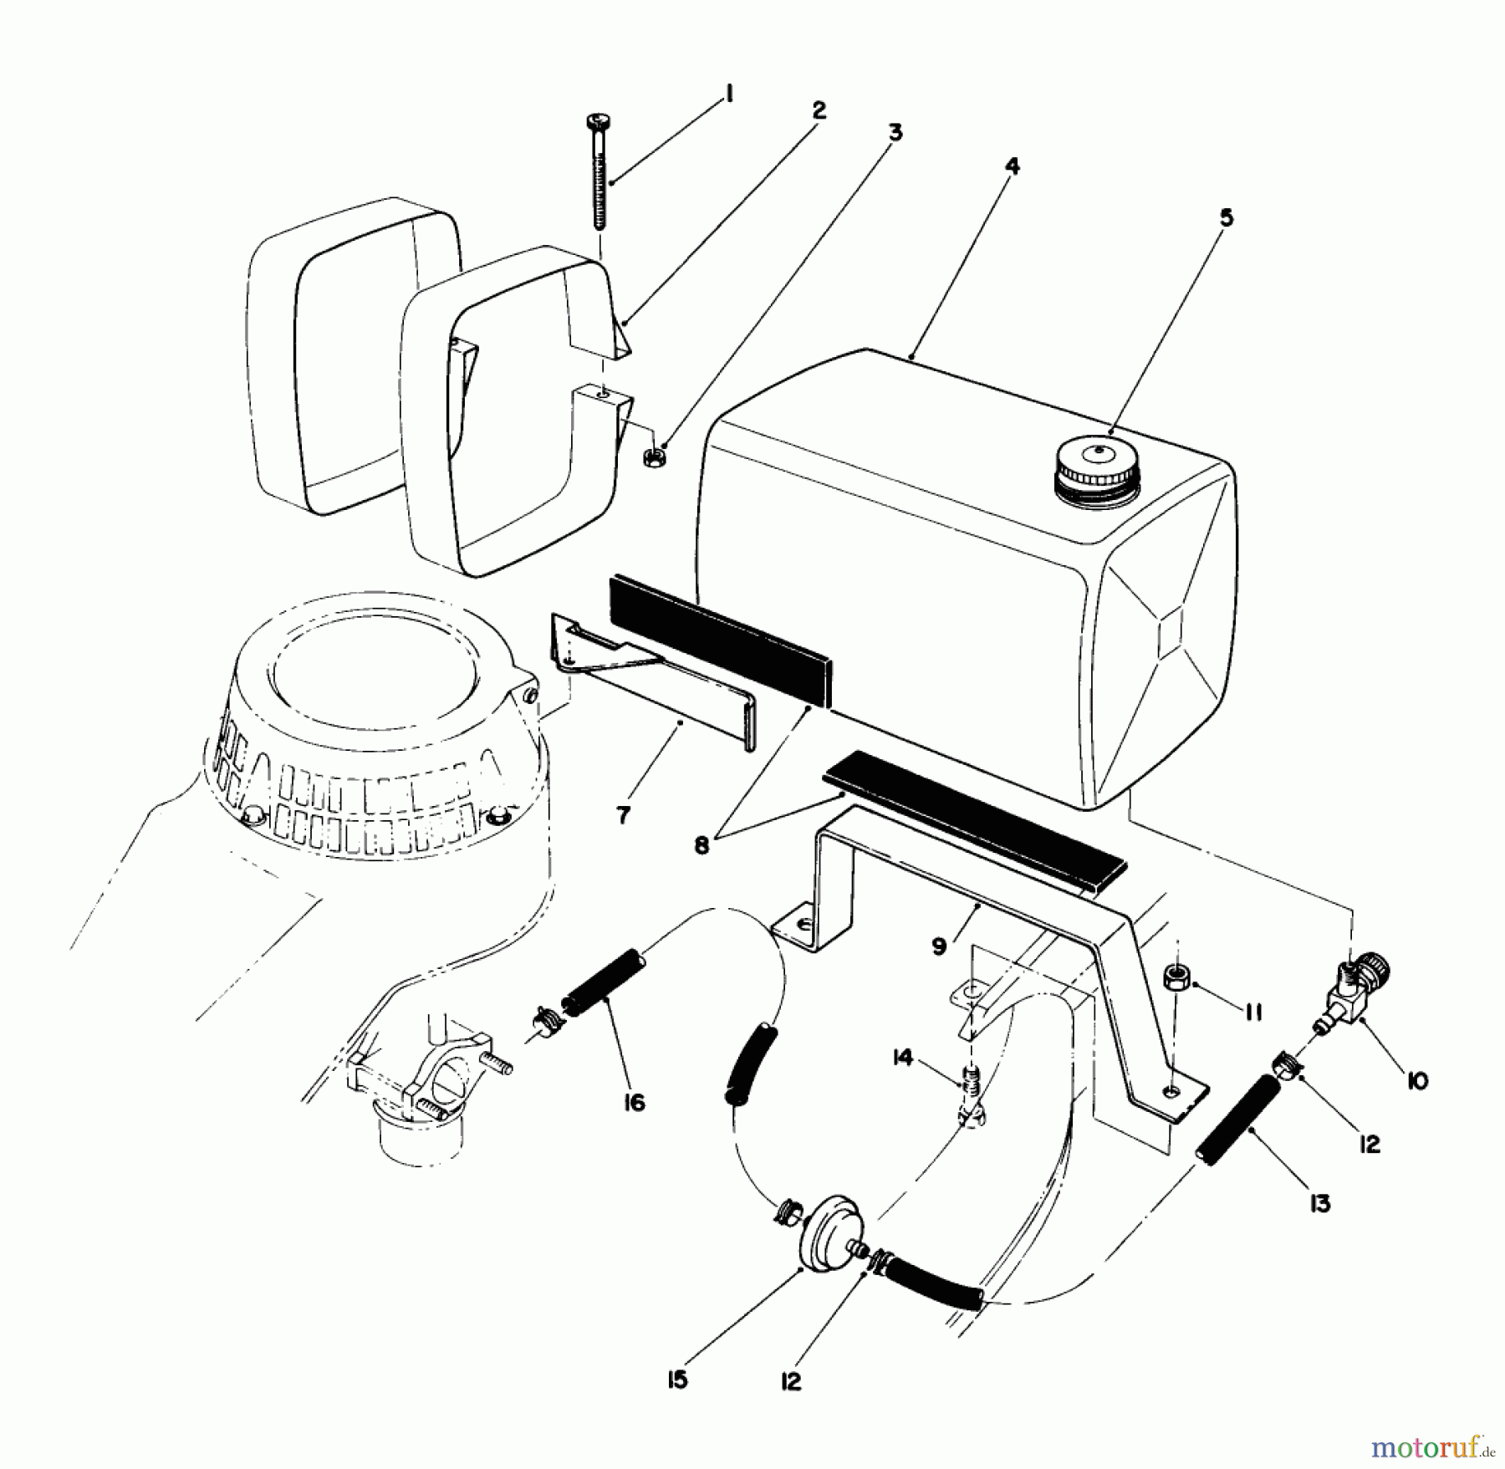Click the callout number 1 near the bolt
tap(728, 95)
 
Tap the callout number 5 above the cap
tap(1225, 218)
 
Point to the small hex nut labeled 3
tap(655, 457)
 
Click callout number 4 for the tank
tap(1012, 166)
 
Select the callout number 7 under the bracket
tap(623, 814)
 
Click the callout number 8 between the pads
tap(701, 845)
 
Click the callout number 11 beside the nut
tap(1252, 1012)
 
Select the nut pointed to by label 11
tap(1179, 976)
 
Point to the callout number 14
tap(901, 1058)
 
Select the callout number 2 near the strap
tap(818, 110)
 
